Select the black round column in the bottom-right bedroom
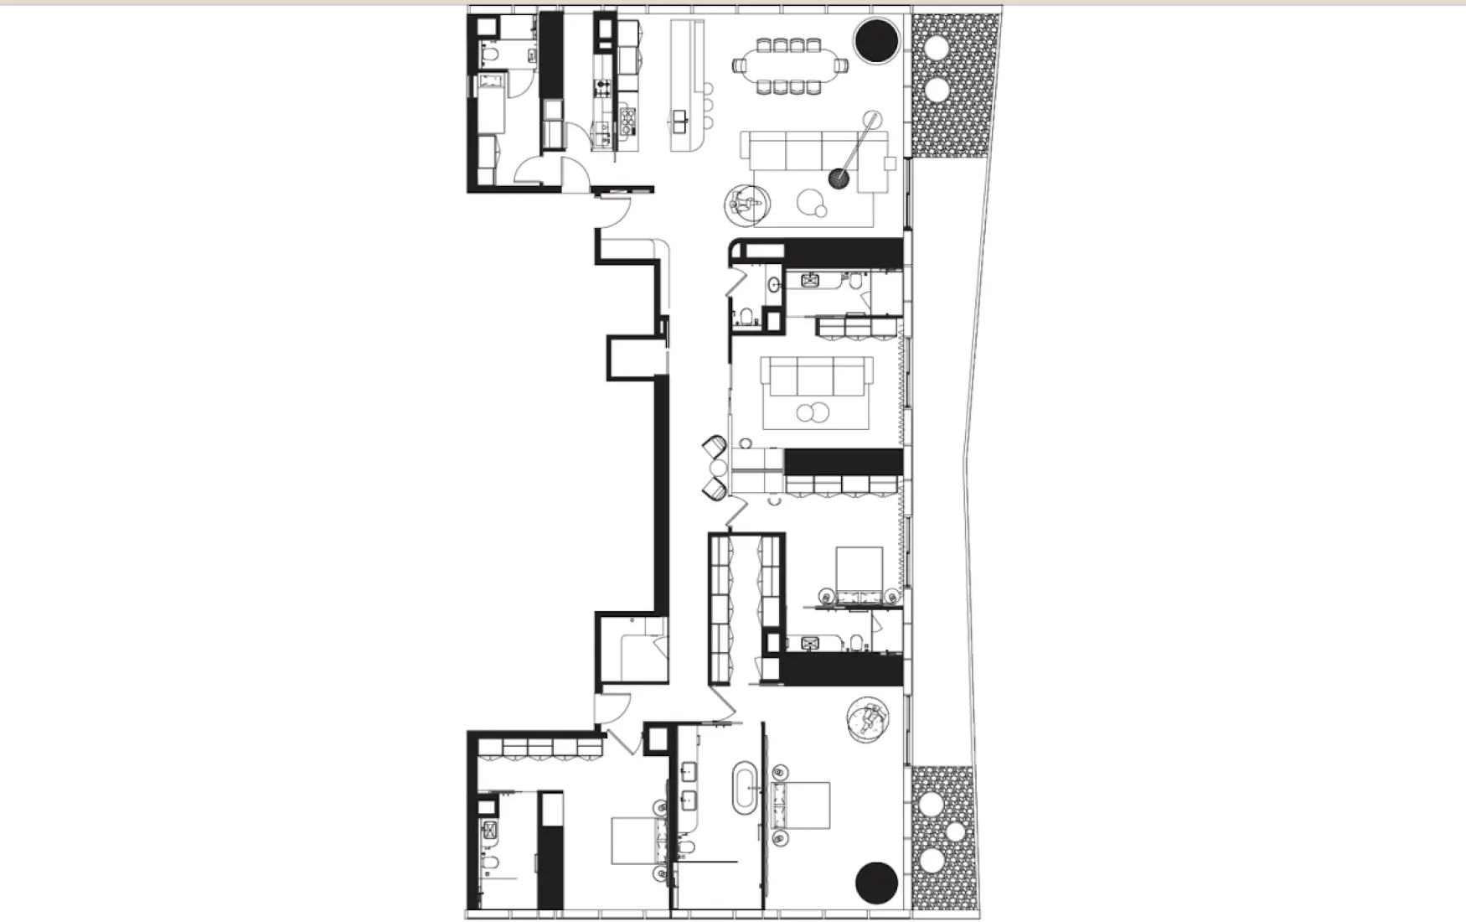click(x=876, y=883)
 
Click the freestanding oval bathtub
click(x=744, y=788)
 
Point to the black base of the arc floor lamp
click(x=839, y=178)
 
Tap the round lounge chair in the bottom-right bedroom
click(x=869, y=719)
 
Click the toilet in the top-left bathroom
click(x=491, y=55)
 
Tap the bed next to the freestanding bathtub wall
click(x=803, y=805)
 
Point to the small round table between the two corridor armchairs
click(x=718, y=468)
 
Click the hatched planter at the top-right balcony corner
click(x=955, y=84)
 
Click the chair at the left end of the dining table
click(x=740, y=64)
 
